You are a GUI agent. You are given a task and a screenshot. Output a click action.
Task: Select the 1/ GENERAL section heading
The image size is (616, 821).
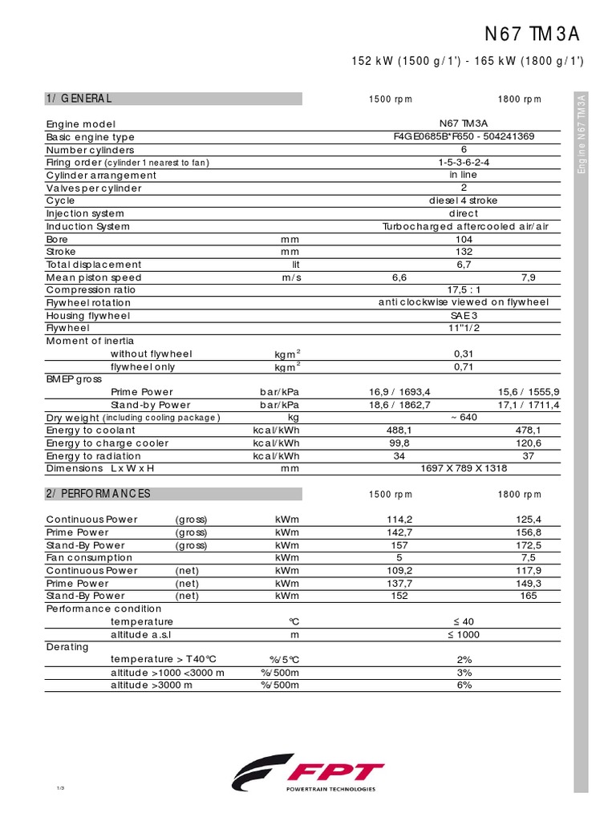coord(79,99)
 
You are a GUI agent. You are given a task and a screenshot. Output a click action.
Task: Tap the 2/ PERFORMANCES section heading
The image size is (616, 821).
coord(98,494)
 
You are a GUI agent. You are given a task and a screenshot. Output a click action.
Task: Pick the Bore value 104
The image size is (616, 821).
coord(464,240)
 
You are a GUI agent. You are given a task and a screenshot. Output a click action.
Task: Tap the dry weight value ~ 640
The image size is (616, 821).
coord(464,418)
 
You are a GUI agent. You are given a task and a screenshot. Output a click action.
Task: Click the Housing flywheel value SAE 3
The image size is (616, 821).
coord(464,316)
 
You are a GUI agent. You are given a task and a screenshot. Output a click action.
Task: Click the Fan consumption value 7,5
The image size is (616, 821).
coord(529,558)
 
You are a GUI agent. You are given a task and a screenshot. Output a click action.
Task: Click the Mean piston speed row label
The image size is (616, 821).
coord(94,277)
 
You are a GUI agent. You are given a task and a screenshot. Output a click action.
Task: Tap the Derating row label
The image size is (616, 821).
coord(67,647)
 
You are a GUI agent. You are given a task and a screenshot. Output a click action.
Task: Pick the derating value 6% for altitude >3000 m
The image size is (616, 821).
coord(464,686)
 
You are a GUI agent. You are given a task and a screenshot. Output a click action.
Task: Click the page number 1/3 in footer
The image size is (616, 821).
coord(60,790)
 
